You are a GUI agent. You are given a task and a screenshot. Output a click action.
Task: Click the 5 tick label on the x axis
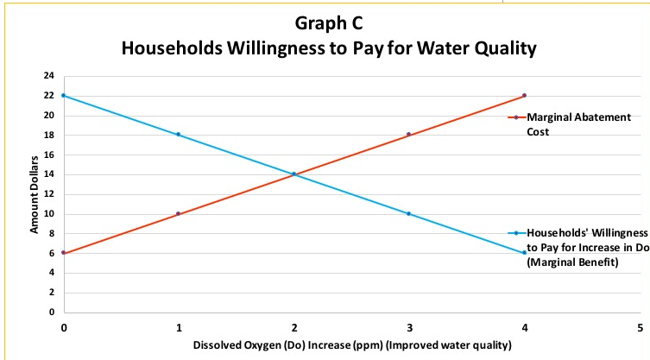(x=640, y=328)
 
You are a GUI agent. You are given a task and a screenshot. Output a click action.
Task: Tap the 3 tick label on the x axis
(x=409, y=328)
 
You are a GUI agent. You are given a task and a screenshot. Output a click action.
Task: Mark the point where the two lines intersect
(x=294, y=174)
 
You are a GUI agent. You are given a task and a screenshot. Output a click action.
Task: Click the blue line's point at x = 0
(x=63, y=95)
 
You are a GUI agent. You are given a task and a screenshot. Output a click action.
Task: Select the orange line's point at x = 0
(x=63, y=253)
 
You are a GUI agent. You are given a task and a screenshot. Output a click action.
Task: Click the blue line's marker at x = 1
(x=179, y=135)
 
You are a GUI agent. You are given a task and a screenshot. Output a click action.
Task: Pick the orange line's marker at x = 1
(x=179, y=213)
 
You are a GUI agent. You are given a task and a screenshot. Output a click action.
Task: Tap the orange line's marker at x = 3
(x=409, y=135)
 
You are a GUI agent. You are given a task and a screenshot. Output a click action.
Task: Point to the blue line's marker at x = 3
(x=409, y=213)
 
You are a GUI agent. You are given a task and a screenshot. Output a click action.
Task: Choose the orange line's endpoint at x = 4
(x=524, y=95)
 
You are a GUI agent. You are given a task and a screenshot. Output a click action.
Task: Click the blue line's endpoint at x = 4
(x=524, y=253)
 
